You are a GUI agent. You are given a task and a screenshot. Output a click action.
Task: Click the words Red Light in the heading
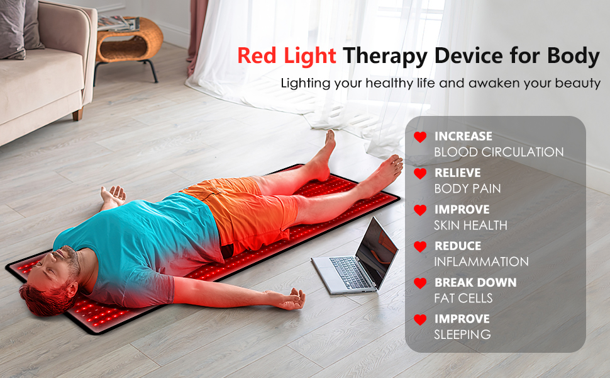286,55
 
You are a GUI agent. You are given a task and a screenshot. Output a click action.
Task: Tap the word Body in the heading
572,55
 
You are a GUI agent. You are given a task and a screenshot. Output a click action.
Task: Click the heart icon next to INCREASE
420,137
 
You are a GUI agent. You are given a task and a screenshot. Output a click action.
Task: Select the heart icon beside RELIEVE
420,173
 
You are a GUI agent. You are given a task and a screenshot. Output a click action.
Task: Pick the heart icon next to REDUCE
420,246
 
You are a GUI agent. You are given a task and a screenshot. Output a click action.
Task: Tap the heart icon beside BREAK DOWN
420,283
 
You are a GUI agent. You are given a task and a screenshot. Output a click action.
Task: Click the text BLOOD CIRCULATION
499,152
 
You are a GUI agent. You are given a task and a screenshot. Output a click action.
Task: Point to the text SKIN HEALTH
470,225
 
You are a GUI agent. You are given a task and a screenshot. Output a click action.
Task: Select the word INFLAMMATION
481,261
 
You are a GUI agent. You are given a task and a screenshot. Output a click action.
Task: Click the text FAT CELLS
463,298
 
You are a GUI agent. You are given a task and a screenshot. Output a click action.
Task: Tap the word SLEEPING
462,335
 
